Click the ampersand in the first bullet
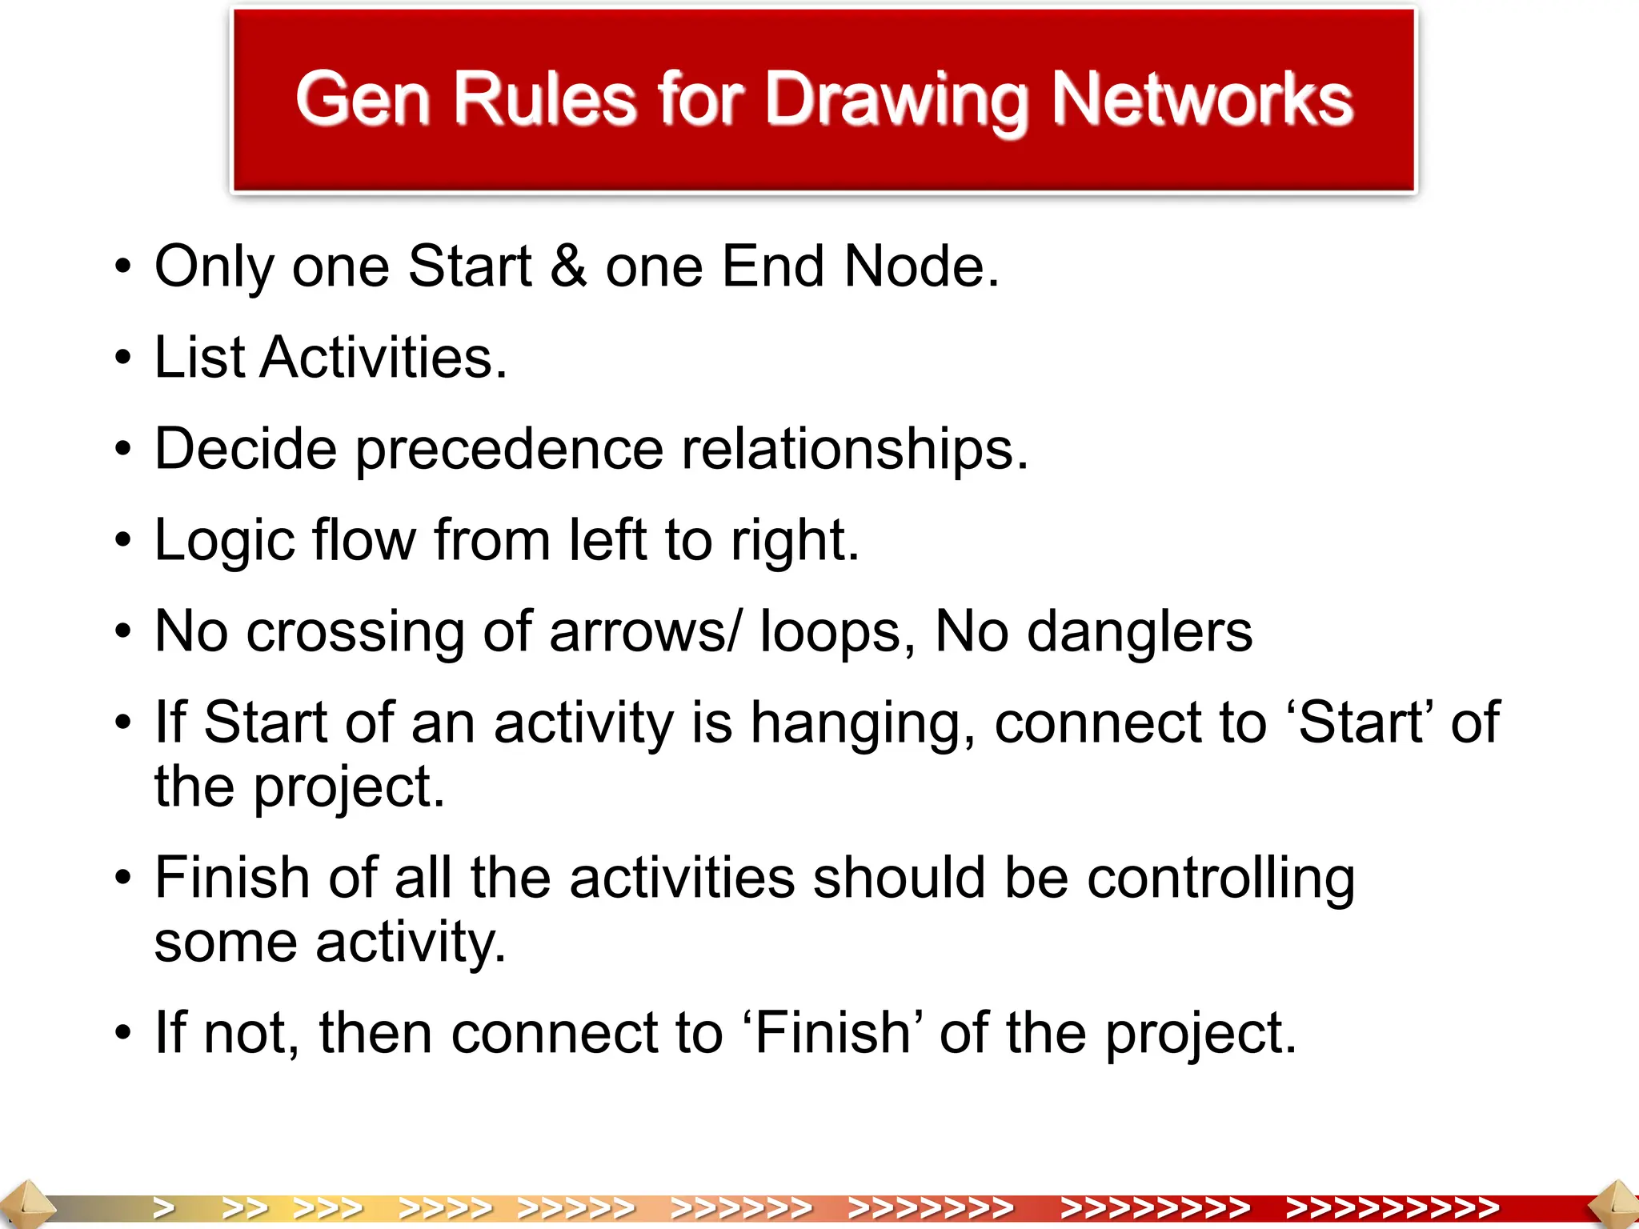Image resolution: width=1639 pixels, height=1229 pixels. [x=568, y=266]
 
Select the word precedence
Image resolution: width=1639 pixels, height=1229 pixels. [x=509, y=450]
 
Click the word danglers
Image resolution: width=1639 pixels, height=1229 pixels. [x=1139, y=632]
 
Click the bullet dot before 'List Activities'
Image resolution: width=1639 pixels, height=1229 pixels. [x=122, y=358]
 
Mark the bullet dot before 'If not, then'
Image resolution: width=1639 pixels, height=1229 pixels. [x=122, y=1034]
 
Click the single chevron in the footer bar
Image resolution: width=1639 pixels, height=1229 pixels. [x=164, y=1207]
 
